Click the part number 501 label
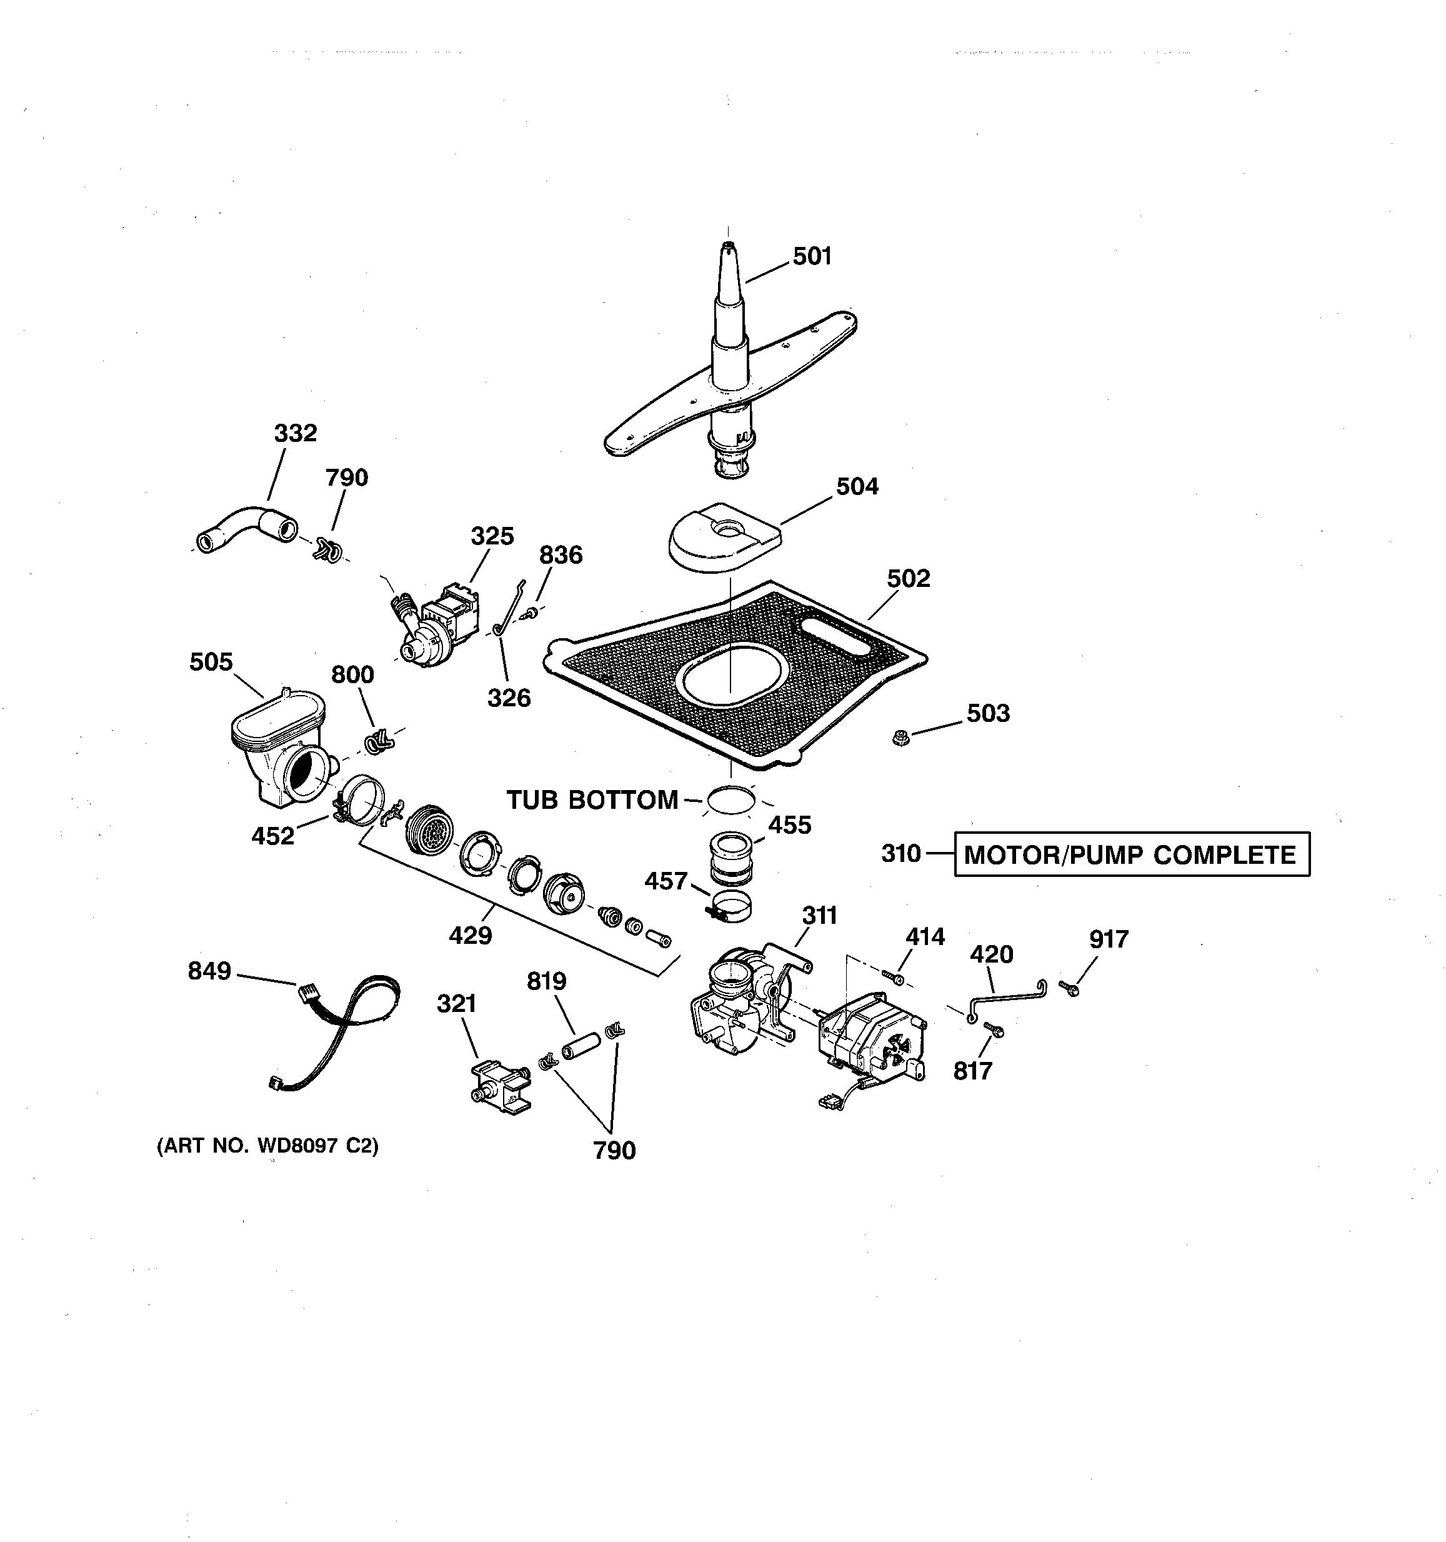point(812,256)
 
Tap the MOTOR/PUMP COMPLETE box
point(1130,855)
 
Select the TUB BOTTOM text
point(592,799)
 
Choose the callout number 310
point(901,854)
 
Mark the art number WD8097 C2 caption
point(267,1145)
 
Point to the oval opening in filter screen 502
point(729,673)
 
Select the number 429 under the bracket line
point(471,936)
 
